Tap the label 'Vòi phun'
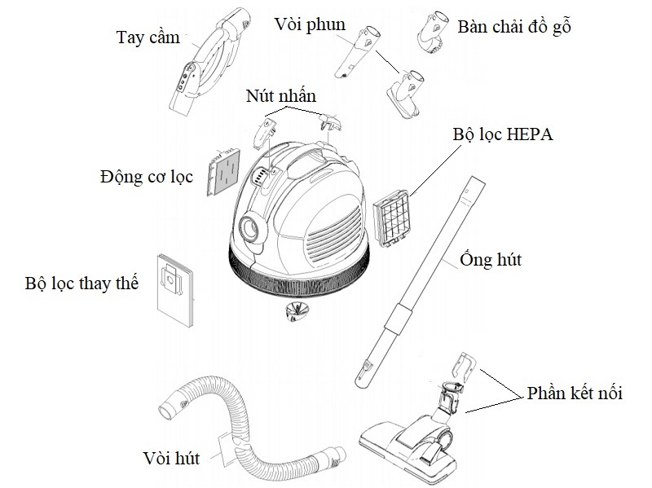[311, 24]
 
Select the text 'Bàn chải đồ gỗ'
[514, 26]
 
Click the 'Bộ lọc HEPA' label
[502, 134]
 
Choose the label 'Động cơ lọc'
[148, 175]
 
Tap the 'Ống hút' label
[490, 261]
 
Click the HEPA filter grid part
[394, 214]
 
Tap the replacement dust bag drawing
[175, 287]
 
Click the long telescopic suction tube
[421, 277]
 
